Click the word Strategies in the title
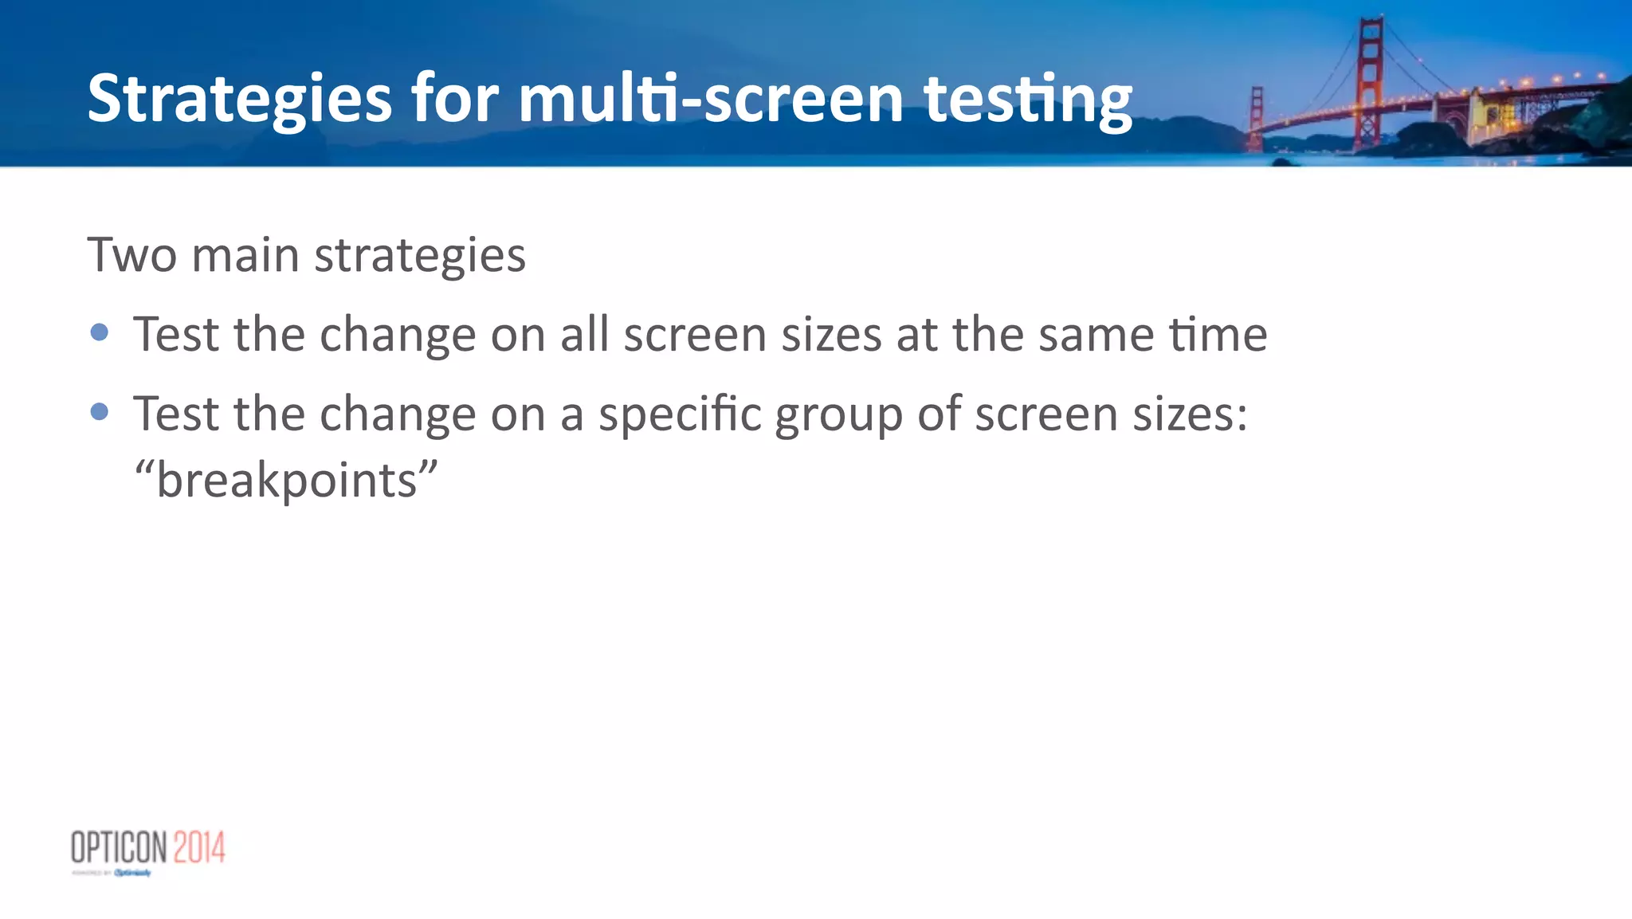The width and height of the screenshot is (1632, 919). pos(239,99)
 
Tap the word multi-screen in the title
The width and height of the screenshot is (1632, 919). pos(710,99)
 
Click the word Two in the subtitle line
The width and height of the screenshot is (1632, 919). pos(131,255)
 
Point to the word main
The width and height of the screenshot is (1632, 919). pos(245,255)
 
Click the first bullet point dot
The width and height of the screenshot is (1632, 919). pos(100,332)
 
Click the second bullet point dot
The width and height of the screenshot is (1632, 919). pos(100,411)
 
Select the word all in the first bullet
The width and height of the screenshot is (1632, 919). pos(585,334)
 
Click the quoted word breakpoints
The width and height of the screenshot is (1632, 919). pos(286,481)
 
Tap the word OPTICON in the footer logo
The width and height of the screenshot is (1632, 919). pos(119,847)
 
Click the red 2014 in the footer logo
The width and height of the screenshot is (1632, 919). pos(199,847)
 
